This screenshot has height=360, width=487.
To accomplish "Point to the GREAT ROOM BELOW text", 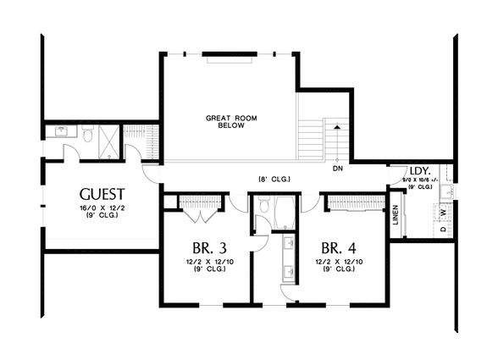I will point(225,120).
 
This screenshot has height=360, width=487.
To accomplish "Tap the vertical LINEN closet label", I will point(396,216).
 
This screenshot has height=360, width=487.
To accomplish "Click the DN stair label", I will point(337,168).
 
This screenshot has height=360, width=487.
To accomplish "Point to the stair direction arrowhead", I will point(337,126).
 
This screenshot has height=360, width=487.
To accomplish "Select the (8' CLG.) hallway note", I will point(271,179).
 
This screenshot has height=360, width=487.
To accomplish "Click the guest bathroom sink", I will point(62,131).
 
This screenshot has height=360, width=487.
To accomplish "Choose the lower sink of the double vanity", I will point(290,272).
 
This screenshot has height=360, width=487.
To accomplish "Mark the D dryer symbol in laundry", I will point(443,230).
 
